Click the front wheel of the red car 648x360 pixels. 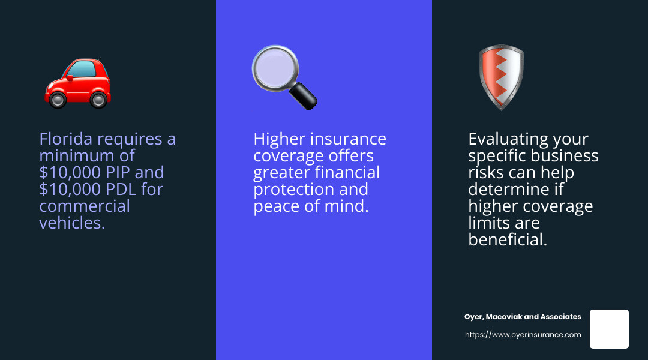pos(58,100)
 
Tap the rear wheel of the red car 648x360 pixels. pos(98,100)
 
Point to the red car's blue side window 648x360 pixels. pos(82,68)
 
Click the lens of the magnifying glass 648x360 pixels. pos(275,67)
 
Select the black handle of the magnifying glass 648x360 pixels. pos(304,97)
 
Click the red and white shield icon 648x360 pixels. pos(501,77)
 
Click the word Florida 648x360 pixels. pos(66,139)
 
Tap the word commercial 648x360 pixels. pos(85,206)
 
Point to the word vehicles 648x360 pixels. pos(73,223)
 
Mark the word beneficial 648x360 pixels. pos(508,240)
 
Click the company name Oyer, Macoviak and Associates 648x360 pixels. pos(523,317)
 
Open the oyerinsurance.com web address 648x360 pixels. pos(523,335)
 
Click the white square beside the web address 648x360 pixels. pos(609,329)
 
